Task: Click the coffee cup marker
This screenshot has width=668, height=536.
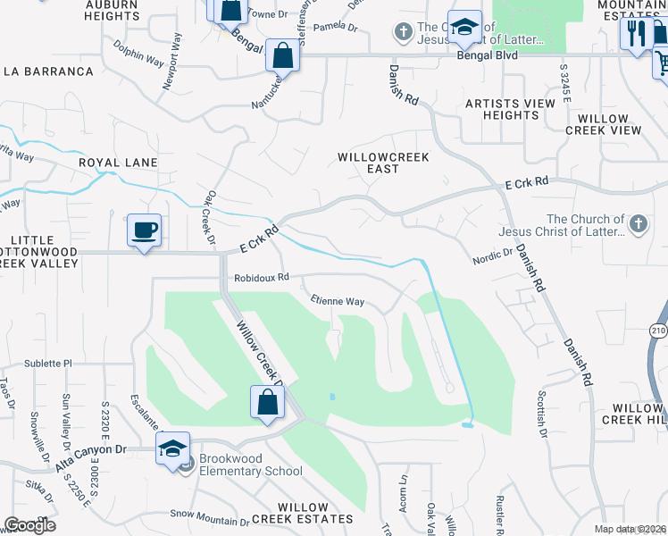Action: click(x=144, y=230)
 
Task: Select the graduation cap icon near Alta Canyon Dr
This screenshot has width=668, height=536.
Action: click(x=173, y=449)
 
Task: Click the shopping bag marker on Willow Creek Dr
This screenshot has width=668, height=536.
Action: click(x=267, y=403)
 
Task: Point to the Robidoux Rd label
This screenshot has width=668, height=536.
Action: click(x=262, y=278)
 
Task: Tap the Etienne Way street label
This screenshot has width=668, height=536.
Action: click(x=337, y=302)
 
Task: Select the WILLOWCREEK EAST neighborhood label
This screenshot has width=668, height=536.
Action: click(x=383, y=163)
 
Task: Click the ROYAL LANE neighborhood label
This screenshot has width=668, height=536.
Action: click(x=118, y=163)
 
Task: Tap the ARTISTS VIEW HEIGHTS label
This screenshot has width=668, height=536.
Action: click(x=511, y=110)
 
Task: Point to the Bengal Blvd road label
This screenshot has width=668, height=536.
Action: click(x=487, y=55)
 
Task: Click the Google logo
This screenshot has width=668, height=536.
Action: click(x=29, y=525)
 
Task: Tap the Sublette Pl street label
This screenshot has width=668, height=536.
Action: click(x=48, y=364)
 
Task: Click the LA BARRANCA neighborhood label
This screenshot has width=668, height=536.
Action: click(x=48, y=71)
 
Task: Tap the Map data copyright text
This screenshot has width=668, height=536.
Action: click(x=630, y=529)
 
